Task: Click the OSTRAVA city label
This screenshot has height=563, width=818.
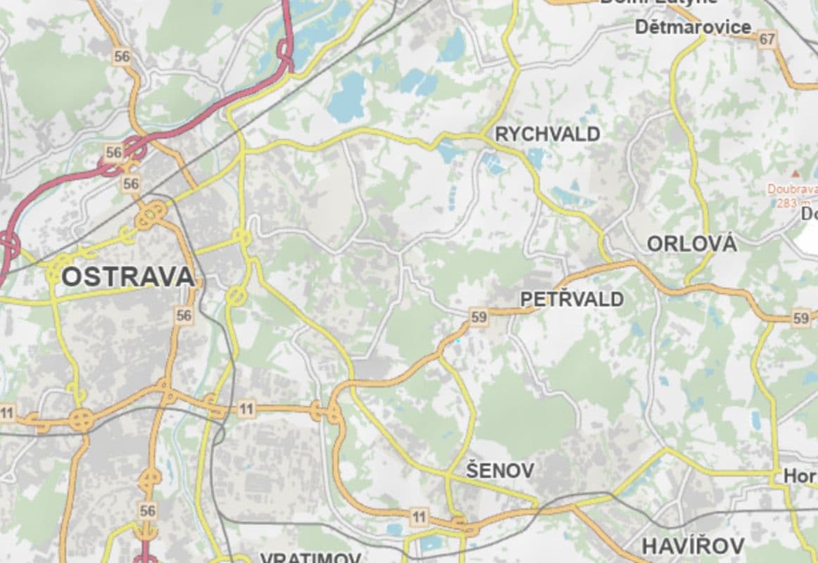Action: coord(127,277)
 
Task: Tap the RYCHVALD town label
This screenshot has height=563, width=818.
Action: coord(548,134)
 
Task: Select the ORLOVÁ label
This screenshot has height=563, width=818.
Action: coord(691,244)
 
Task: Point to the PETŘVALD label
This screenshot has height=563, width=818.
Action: coord(572,299)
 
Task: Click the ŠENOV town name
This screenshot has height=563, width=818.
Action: coord(500,470)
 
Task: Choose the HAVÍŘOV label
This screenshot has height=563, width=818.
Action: coord(693,545)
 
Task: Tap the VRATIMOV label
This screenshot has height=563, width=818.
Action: coord(310,558)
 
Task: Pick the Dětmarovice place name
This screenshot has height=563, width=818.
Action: coord(693,27)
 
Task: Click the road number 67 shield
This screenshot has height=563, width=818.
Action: coord(767,39)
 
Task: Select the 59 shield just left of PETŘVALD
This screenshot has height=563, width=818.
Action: coord(479,317)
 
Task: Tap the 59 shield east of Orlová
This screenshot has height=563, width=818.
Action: coord(800,318)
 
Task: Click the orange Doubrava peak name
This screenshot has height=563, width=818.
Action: coord(792,189)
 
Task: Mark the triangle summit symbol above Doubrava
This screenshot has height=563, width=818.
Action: coord(795,173)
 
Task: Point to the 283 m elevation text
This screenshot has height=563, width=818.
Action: coord(788,203)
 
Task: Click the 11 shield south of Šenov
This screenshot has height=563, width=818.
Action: coord(420,518)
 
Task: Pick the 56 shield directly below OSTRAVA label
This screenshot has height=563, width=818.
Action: coord(184,315)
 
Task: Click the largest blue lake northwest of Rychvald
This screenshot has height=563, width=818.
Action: coord(348,96)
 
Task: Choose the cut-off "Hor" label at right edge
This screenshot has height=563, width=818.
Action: coord(800,476)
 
